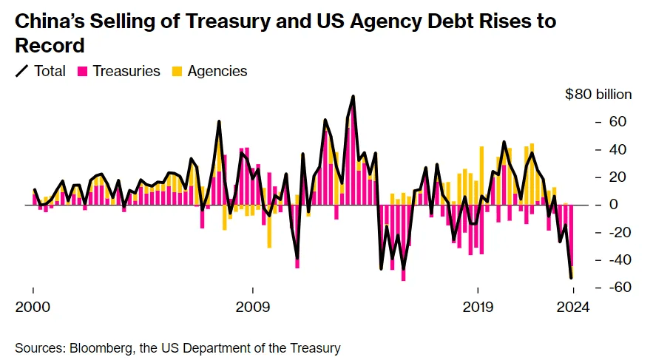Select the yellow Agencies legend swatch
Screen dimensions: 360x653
pyautogui.click(x=177, y=72)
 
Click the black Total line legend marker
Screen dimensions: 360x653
pyautogui.click(x=22, y=72)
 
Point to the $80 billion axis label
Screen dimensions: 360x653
pyautogui.click(x=598, y=94)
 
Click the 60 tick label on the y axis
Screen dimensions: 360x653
pyautogui.click(x=618, y=122)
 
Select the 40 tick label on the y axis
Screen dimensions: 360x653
pyautogui.click(x=618, y=149)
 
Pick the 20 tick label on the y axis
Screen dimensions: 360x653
pyautogui.click(x=618, y=177)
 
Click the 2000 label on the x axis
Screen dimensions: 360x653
pyautogui.click(x=33, y=308)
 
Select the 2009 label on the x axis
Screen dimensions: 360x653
pyautogui.click(x=253, y=308)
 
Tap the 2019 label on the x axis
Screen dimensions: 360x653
pyautogui.click(x=478, y=308)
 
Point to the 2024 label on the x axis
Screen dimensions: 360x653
pyautogui.click(x=572, y=308)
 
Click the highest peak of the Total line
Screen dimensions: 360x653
pyautogui.click(x=353, y=96)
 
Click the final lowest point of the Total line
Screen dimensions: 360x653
pyautogui.click(x=571, y=278)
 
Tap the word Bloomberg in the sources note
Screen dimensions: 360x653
pyautogui.click(x=95, y=347)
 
